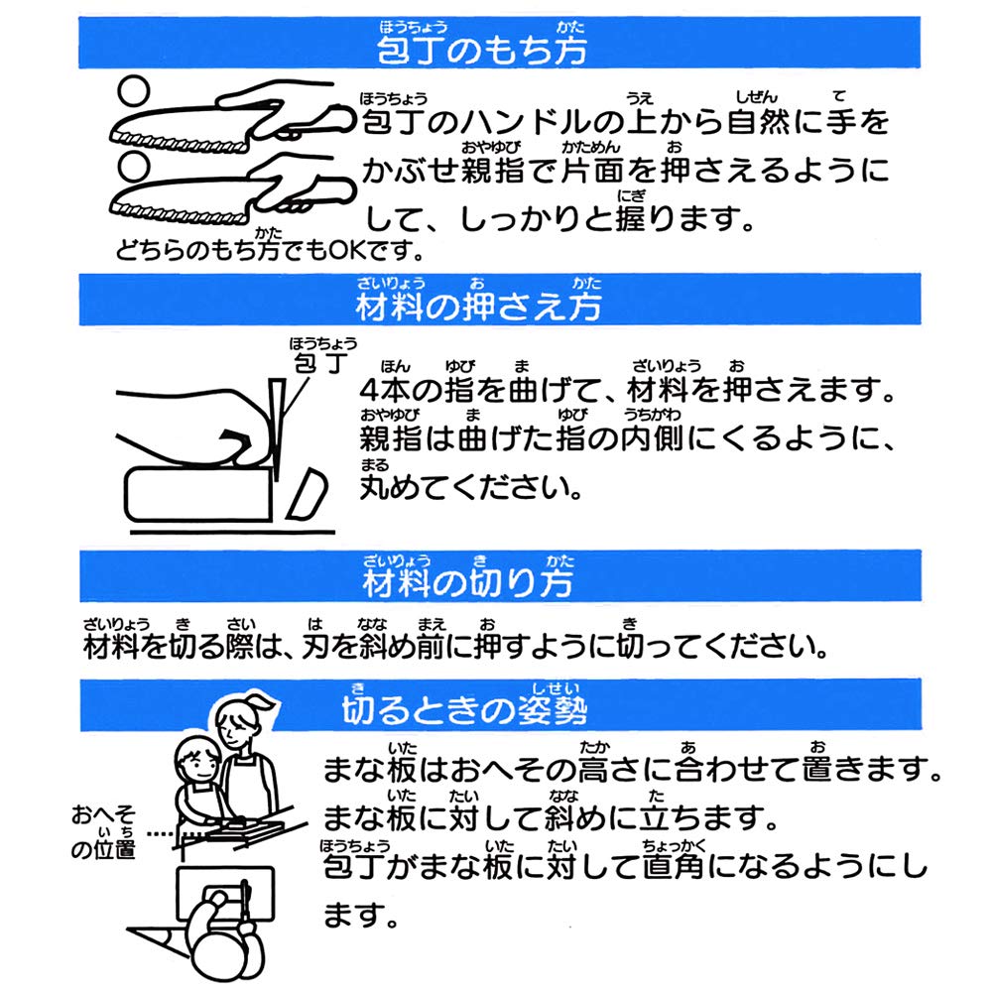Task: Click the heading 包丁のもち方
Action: [x=482, y=50]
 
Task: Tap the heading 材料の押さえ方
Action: [x=479, y=307]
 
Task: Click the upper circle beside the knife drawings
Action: [x=134, y=90]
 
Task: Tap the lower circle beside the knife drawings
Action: [x=134, y=168]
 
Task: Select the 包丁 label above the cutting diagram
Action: [x=321, y=362]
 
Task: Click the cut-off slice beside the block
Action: [x=307, y=494]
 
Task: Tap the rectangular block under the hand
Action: [x=198, y=495]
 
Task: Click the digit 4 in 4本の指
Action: [x=369, y=390]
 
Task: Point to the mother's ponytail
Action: [x=261, y=702]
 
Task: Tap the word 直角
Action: [x=674, y=865]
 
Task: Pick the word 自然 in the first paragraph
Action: [x=757, y=121]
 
